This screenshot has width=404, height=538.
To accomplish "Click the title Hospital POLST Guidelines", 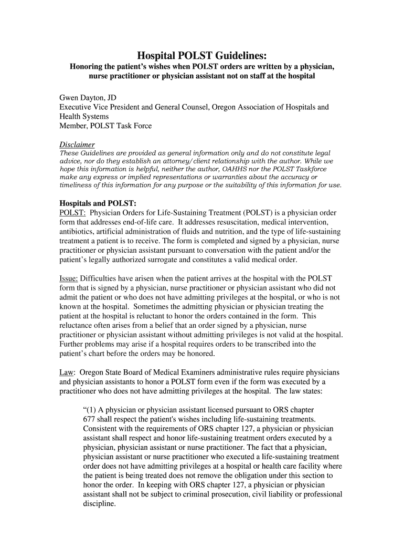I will pyautogui.click(x=202, y=55).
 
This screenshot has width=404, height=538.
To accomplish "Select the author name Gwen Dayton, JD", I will pyautogui.click(x=88, y=97).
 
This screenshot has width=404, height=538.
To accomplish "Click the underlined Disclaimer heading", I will pyautogui.click(x=77, y=144).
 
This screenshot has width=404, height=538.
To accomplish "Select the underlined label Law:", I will pyautogui.click(x=68, y=373).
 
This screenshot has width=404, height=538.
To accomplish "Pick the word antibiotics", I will pyautogui.click(x=76, y=232).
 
